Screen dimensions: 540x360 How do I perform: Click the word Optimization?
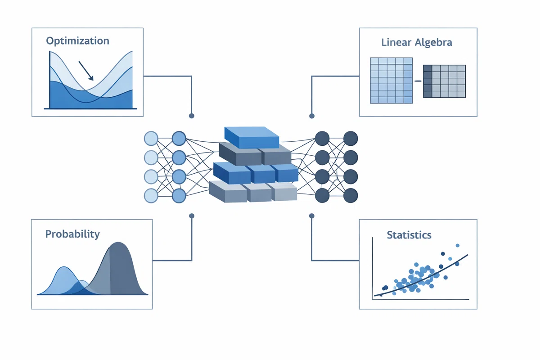[77, 41]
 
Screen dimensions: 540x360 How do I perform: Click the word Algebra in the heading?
[433, 43]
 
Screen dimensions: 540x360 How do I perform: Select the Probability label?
[72, 234]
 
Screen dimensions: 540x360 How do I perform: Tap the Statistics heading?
[409, 235]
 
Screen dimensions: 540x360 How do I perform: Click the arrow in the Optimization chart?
[86, 71]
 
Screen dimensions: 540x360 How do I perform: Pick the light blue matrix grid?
[391, 80]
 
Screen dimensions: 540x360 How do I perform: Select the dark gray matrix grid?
[444, 81]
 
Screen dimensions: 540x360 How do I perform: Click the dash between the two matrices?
[418, 81]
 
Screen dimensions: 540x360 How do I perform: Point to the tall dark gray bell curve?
[118, 270]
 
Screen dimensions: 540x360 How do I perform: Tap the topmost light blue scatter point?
[458, 245]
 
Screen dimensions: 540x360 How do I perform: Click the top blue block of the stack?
[252, 137]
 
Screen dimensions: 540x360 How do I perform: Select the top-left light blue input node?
[151, 139]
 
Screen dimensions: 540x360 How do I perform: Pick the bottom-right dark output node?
[351, 196]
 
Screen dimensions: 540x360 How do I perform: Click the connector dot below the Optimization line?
[192, 116]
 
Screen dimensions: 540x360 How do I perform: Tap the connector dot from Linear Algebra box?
[312, 116]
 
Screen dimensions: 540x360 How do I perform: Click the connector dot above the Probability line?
[192, 216]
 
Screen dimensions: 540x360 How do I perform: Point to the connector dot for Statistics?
[312, 216]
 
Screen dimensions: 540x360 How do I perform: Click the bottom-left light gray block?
[228, 192]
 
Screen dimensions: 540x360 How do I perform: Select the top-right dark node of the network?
[351, 139]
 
